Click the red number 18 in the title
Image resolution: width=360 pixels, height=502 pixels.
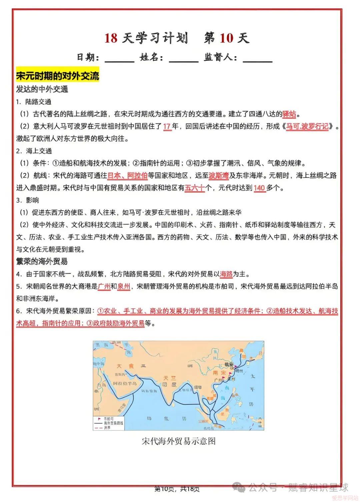(111, 38)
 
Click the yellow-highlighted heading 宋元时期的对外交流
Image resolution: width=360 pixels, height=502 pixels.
(58, 76)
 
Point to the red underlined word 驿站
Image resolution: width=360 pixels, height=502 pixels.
(289, 114)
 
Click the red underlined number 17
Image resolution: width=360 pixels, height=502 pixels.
(167, 126)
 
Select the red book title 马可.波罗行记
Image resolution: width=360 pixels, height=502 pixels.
(307, 126)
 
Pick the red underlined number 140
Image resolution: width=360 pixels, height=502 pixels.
(259, 188)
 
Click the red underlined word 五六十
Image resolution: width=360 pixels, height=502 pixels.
(194, 188)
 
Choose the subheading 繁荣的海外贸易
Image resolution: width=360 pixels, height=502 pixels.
(42, 261)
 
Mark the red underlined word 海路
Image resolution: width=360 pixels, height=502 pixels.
(226, 274)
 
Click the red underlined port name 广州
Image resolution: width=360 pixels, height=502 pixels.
(104, 286)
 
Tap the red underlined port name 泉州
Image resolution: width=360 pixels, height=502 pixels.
(124, 286)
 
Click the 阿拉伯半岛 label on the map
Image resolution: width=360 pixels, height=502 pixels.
(125, 383)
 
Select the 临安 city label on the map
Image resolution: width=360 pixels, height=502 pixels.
(229, 364)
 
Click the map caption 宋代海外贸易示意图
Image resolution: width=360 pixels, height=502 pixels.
(179, 441)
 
